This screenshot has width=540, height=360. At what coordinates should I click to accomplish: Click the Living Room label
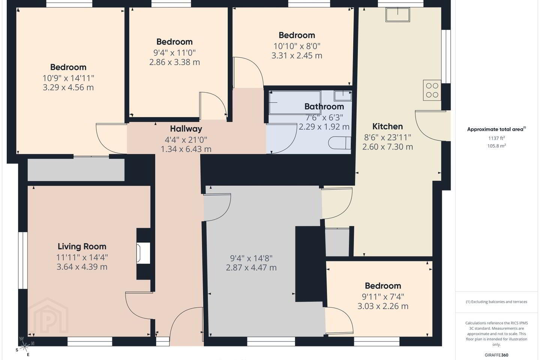(x=82, y=246)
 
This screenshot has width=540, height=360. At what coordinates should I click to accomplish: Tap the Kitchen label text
(x=387, y=126)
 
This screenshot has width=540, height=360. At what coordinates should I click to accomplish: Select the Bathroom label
(x=324, y=106)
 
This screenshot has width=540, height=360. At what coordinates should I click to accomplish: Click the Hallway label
(x=186, y=129)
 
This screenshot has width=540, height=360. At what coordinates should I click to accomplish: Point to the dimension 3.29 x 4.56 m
(x=68, y=87)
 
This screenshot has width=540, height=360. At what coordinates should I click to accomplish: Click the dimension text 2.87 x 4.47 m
(x=251, y=268)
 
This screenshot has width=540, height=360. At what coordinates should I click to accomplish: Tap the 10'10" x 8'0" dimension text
(x=297, y=46)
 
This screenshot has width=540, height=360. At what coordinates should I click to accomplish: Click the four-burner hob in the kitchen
(x=432, y=90)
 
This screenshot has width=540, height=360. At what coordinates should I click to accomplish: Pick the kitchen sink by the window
(x=397, y=15)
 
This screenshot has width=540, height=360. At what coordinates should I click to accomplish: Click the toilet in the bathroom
(x=340, y=143)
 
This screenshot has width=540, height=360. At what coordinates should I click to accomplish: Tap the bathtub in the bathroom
(x=295, y=102)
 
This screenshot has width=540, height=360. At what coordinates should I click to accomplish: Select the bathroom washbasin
(x=343, y=96)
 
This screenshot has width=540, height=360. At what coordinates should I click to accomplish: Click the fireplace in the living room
(x=143, y=253)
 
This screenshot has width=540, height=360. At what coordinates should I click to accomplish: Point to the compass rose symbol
(x=24, y=347)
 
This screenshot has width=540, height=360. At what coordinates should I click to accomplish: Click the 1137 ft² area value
(x=496, y=138)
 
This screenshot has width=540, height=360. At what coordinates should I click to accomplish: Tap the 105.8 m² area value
(x=496, y=146)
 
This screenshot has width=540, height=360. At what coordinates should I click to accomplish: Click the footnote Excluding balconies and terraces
(x=496, y=301)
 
